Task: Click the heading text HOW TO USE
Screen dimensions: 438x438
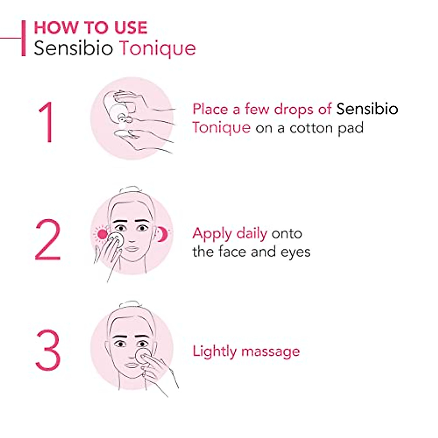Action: coord(91,28)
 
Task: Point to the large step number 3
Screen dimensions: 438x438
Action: coord(48,350)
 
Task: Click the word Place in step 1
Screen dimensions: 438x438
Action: coord(210,109)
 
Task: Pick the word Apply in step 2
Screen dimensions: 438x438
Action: coord(212,234)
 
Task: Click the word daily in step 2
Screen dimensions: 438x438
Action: coord(251,234)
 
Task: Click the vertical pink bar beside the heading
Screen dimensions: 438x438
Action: coord(24,38)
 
